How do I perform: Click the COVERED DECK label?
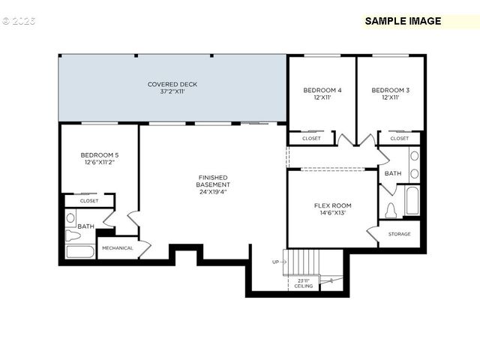172,84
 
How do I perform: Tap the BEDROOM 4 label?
322,90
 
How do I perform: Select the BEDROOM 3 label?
391,90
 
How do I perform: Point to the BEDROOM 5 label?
100,154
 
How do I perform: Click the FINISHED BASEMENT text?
213,180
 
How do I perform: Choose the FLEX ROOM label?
332,205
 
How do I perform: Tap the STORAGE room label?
400,234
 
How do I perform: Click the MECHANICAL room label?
117,248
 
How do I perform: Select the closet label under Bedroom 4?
311,139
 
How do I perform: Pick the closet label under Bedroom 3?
400,139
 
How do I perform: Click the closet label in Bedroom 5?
88,201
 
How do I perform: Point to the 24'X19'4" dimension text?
213,192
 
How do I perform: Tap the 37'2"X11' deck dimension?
172,91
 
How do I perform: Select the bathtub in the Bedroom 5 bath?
79,251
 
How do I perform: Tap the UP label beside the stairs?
275,262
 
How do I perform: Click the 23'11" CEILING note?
304,283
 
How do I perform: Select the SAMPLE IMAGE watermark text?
403,21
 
